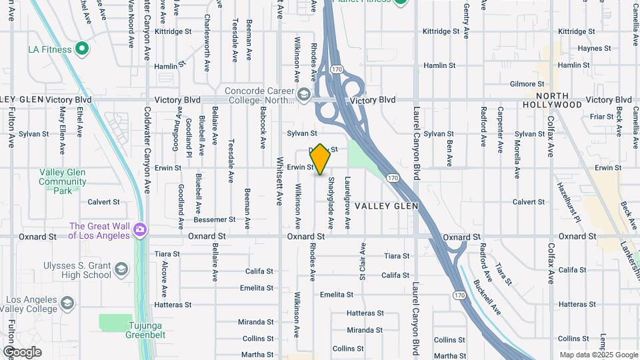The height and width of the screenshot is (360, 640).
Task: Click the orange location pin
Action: [x=320, y=159]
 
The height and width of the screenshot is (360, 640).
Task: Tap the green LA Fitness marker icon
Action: [x=82, y=48]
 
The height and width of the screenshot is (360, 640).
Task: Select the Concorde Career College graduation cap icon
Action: [x=304, y=95]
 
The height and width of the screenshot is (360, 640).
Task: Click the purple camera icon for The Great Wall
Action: [x=140, y=230]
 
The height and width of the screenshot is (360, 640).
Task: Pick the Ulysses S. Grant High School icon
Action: [x=121, y=269]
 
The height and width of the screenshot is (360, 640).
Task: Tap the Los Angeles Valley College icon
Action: [x=67, y=303]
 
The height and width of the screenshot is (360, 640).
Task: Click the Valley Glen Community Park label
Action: [x=63, y=181]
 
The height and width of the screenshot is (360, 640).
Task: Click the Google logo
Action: [x=22, y=352]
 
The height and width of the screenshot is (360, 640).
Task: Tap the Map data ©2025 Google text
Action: [x=599, y=355]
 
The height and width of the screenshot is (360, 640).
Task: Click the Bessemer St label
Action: [x=215, y=219]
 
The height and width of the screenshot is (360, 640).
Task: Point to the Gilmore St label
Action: [x=527, y=84]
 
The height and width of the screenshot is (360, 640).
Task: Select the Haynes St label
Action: [x=576, y=49]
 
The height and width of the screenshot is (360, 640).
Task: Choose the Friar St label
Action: [x=601, y=117]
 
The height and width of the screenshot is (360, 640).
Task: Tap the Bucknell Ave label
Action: [x=489, y=294]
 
